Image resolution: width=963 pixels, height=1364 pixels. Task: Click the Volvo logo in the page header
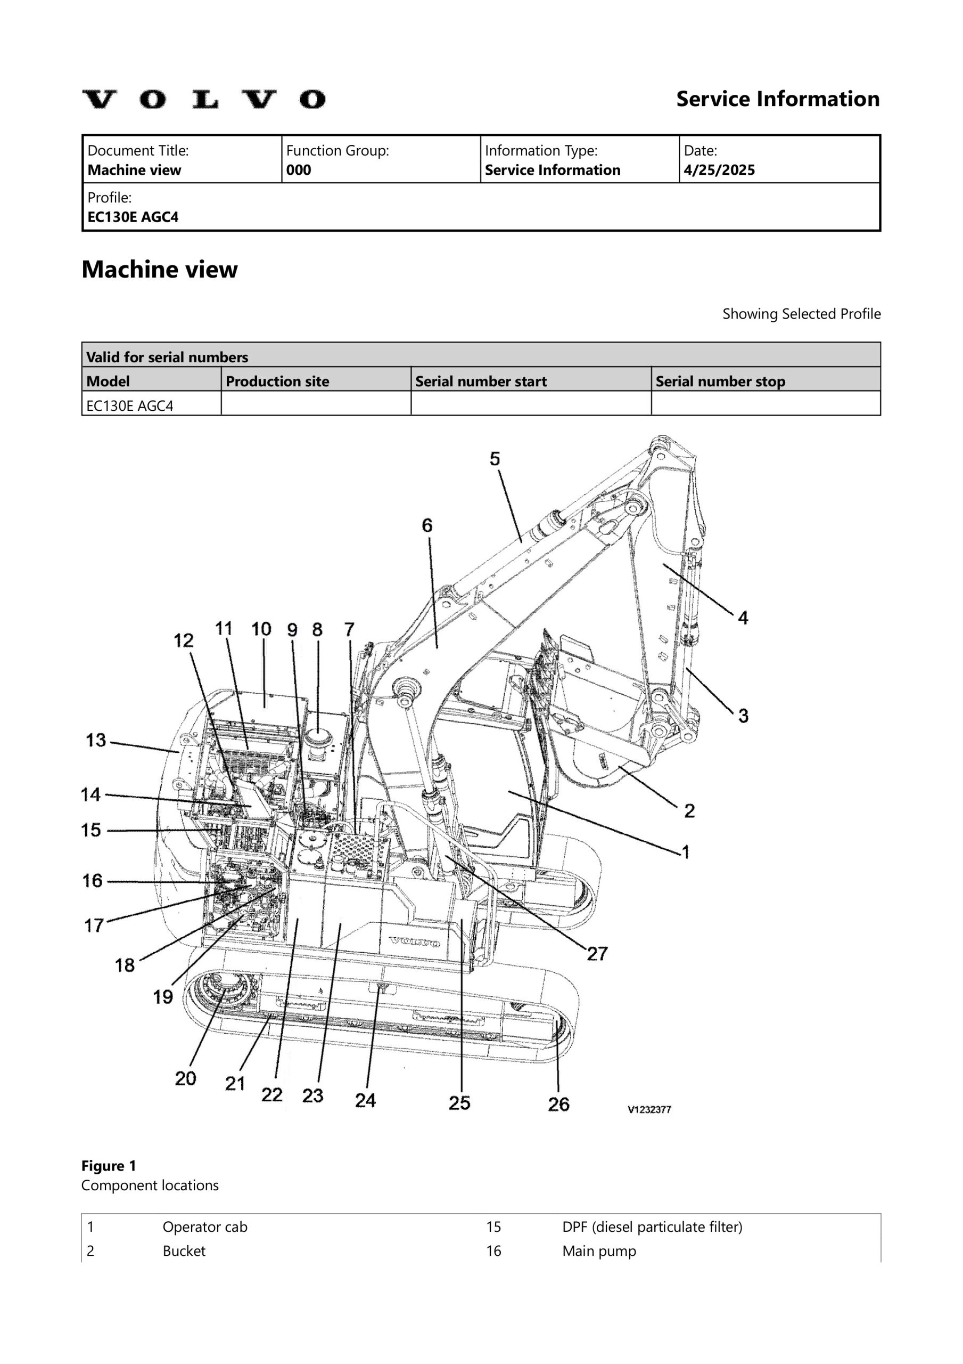pos(204,99)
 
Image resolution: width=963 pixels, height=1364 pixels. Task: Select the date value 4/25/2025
pos(719,170)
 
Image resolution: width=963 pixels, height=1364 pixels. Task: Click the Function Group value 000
pos(299,170)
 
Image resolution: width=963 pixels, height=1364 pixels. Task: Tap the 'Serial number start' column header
pos(481,381)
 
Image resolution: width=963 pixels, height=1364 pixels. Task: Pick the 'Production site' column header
pos(277,381)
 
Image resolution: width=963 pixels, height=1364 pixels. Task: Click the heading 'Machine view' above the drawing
pos(160,270)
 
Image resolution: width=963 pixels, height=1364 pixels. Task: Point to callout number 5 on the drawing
pos(495,459)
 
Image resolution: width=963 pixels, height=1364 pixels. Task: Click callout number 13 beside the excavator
pos(96,740)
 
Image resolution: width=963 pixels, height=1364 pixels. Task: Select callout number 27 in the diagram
pos(597,954)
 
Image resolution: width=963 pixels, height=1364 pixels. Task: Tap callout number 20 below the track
pos(185,1078)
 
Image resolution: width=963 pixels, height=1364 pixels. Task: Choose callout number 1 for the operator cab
pos(686,852)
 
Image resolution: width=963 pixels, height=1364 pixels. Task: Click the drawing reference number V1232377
pos(649,1110)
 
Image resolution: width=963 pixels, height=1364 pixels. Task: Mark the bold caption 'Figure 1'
pos(109,1166)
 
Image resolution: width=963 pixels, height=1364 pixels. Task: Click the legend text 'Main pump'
pos(599,1251)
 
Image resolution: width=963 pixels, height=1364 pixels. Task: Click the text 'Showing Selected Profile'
pos(801,314)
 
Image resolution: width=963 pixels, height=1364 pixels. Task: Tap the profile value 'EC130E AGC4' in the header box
pos(133,217)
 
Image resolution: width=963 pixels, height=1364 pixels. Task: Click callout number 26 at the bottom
pos(558,1105)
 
